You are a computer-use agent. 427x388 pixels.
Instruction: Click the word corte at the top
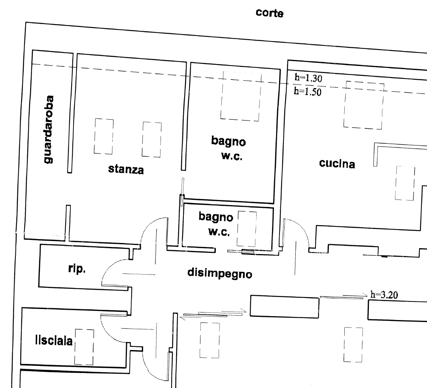tap(269, 13)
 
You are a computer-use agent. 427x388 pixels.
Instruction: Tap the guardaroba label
tap(48, 130)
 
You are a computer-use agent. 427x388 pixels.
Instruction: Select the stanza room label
tap(126, 169)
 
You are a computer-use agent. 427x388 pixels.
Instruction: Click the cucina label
tap(337, 163)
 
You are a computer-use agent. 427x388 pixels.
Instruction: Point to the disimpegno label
tap(220, 273)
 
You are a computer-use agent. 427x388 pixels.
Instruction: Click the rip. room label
tap(77, 269)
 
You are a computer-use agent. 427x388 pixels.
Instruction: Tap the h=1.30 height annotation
tap(308, 78)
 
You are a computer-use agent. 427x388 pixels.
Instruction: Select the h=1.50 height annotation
tap(308, 91)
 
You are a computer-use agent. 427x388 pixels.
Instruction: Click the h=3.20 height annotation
tap(384, 294)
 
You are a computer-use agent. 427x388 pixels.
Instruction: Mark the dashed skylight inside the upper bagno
tap(241, 96)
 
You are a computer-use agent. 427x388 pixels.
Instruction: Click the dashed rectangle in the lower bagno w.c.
tap(247, 229)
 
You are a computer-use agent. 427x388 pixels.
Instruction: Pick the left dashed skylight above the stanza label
tap(104, 136)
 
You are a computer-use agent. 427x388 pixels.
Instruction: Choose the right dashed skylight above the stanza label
tap(152, 139)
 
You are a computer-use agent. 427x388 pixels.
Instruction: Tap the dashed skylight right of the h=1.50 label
tap(364, 105)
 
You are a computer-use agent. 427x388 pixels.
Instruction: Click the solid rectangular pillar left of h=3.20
tap(284, 306)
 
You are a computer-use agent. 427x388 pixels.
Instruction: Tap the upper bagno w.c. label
tap(229, 148)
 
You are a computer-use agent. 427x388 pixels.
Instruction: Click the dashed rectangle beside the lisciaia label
tap(84, 347)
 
